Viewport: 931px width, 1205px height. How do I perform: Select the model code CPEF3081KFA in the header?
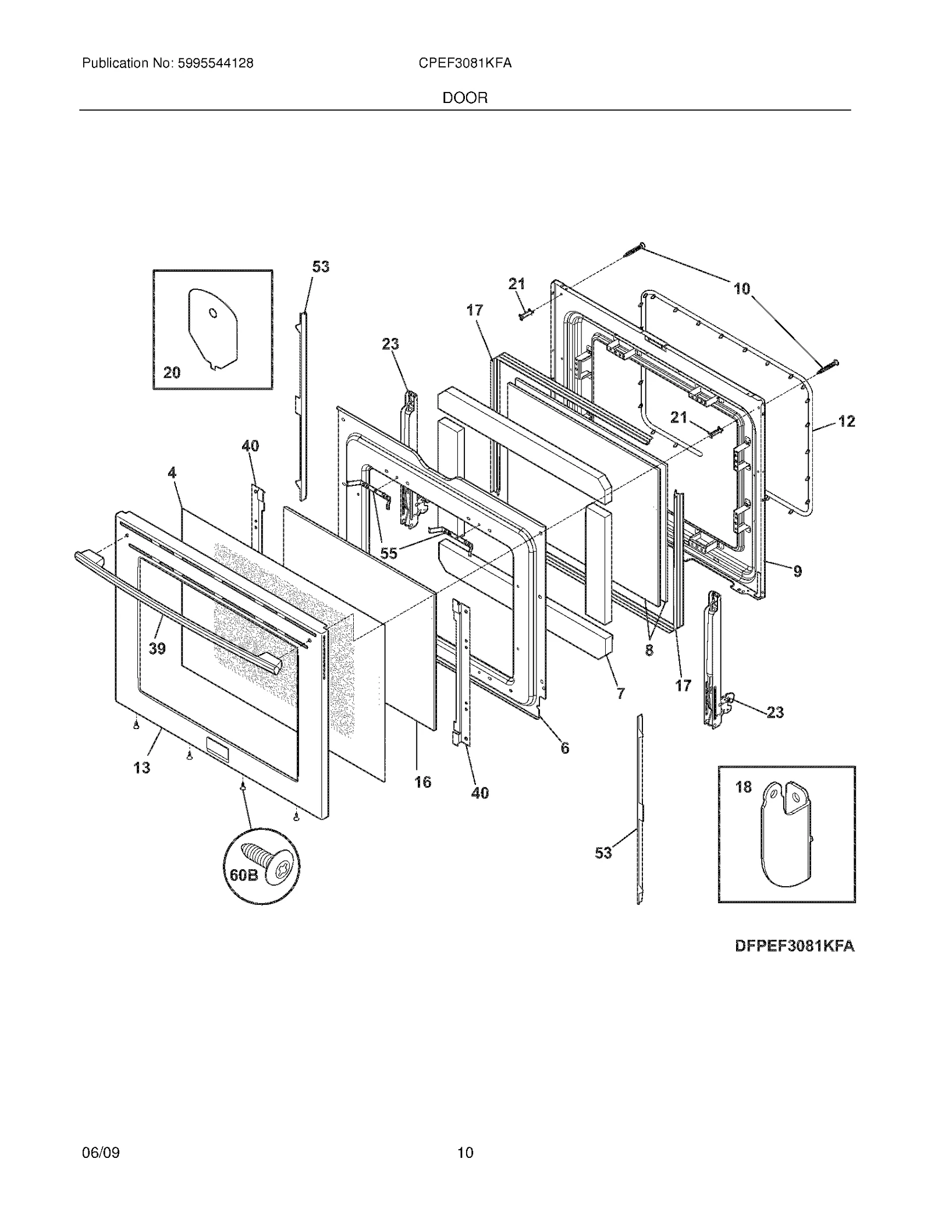click(x=465, y=63)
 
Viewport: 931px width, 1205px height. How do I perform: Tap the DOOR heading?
click(x=465, y=98)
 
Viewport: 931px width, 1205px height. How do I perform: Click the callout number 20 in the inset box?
click(x=172, y=372)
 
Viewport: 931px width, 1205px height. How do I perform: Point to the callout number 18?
click(x=744, y=787)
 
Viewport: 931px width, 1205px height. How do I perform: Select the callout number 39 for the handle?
click(x=157, y=648)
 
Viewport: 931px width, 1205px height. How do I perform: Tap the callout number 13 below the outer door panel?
click(x=141, y=767)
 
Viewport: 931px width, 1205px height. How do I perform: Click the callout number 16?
click(x=423, y=782)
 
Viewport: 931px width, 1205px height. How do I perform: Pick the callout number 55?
click(x=389, y=553)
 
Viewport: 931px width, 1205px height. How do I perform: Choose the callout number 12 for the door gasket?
click(x=847, y=421)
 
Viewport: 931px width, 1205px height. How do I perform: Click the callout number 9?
click(x=798, y=571)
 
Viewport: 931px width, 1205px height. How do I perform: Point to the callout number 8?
click(x=649, y=650)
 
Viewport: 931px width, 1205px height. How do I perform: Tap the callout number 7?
click(x=621, y=693)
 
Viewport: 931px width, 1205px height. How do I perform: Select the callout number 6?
click(x=565, y=748)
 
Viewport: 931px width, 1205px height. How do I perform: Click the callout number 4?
click(x=172, y=473)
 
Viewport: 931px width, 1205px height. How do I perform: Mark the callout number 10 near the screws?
click(x=742, y=289)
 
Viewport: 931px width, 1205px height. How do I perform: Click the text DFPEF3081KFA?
click(x=795, y=946)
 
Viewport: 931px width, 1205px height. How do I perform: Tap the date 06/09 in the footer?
click(x=101, y=1152)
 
